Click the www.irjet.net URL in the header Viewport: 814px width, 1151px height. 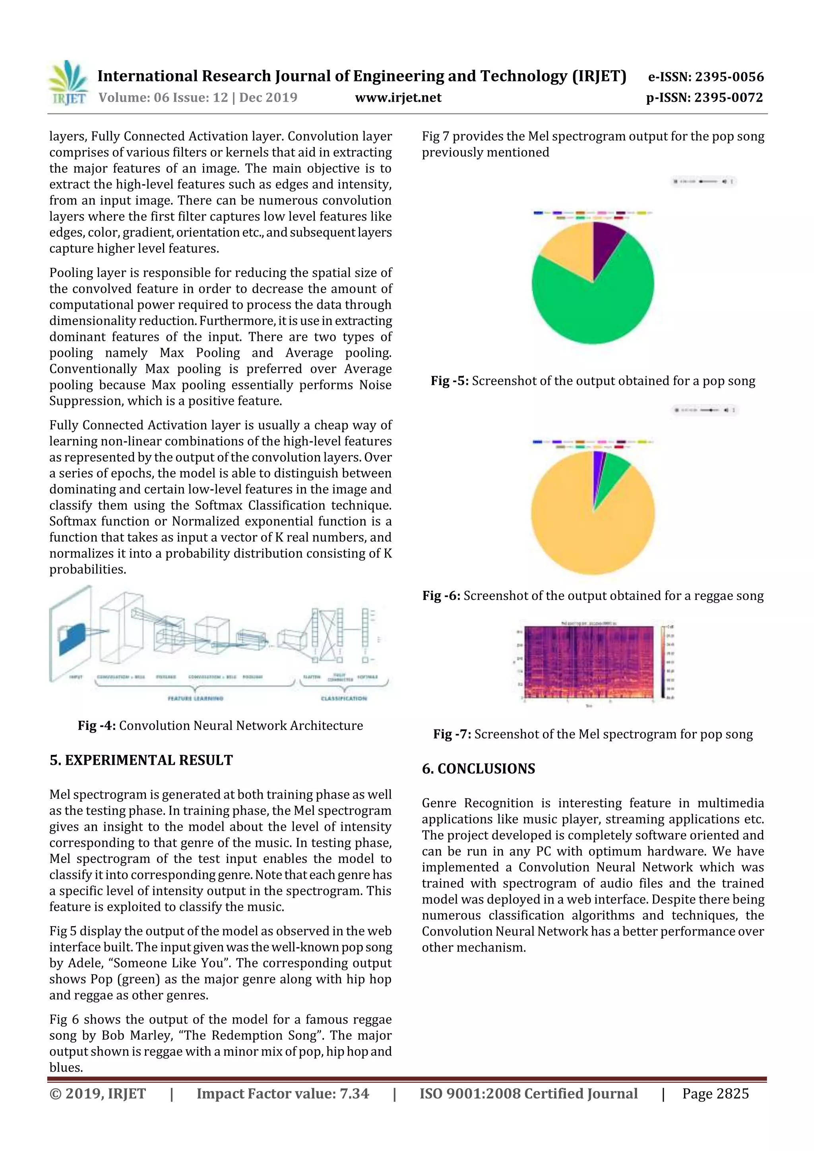398,97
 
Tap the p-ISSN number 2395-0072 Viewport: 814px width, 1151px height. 728,97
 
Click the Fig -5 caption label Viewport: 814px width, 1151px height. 450,381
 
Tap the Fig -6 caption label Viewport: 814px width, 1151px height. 441,596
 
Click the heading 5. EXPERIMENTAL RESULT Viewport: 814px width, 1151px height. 141,760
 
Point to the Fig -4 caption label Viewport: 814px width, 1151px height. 97,726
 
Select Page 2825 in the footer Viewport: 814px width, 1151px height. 715,1094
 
